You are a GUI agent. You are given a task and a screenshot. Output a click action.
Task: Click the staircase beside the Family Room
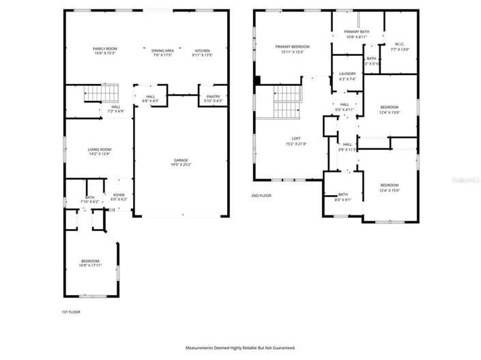point(100,93)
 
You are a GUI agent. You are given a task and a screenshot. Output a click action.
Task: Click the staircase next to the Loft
point(287,102)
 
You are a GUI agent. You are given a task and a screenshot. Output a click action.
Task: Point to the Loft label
point(293,141)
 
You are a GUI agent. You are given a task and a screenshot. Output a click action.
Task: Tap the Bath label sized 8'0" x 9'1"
point(342,196)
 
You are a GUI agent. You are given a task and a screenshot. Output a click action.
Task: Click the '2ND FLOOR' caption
point(261,196)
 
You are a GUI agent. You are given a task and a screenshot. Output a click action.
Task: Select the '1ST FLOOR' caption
point(70,312)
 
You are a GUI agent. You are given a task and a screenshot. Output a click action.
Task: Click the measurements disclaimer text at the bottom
point(240,348)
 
